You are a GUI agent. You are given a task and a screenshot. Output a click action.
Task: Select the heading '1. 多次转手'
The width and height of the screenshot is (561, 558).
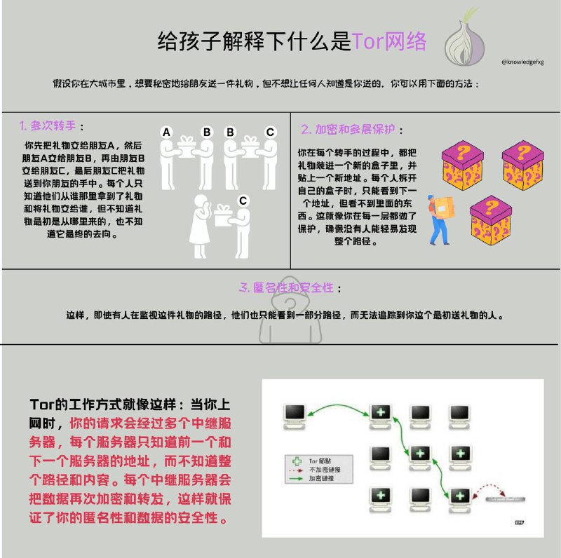point(51,127)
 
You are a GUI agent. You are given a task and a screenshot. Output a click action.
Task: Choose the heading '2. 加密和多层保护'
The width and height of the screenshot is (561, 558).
point(352,130)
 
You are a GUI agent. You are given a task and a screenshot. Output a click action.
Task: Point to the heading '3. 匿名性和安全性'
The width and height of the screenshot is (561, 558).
point(290,288)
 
